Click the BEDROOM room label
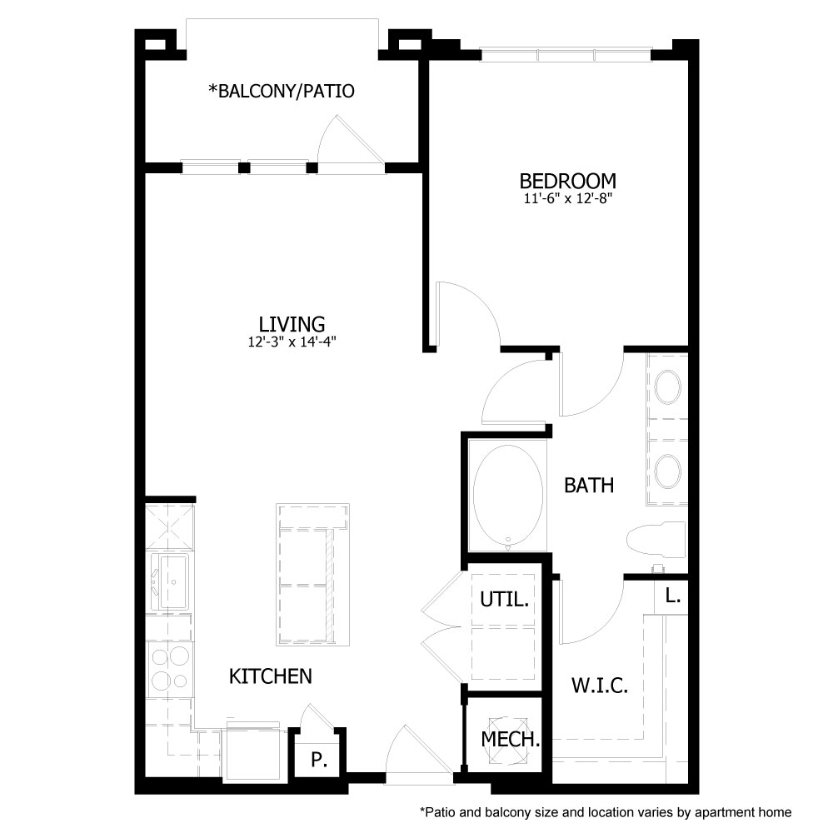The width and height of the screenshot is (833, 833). coord(567,181)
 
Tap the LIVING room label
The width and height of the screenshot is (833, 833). coord(291,323)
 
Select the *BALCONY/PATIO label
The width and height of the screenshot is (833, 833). coord(282,91)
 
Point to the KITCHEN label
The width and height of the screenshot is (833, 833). coord(270,676)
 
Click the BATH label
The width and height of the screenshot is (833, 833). coord(589,485)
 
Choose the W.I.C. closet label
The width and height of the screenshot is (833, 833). coord(599,686)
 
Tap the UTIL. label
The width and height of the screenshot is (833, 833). coord(505,599)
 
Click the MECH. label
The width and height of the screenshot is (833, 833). coord(511,738)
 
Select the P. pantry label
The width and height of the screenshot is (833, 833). coord(317,760)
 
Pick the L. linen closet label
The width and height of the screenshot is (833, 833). coord(673,596)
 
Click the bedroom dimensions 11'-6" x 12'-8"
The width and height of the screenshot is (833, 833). coord(567,199)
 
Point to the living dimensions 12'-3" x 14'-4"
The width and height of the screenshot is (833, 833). coord(291,341)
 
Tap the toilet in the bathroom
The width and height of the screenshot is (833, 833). coord(656,540)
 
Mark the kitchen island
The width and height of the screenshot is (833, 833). coord(309,575)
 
